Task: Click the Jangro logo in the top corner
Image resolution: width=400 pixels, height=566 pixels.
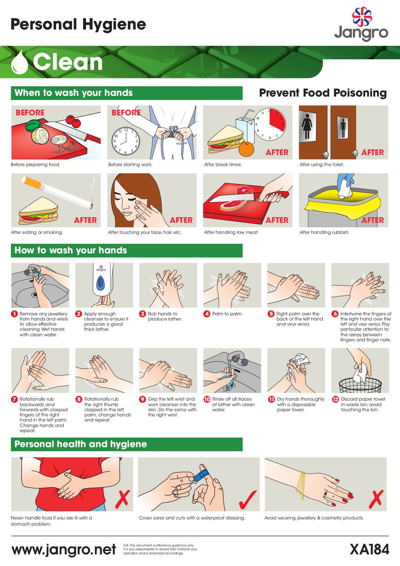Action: [361, 24]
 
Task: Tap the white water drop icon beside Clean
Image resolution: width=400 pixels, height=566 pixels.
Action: [19, 62]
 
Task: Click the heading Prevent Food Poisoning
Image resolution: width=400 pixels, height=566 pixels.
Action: [323, 93]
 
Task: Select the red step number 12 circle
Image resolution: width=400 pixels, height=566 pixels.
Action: [335, 399]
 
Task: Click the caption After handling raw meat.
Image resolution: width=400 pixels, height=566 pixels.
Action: [231, 232]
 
